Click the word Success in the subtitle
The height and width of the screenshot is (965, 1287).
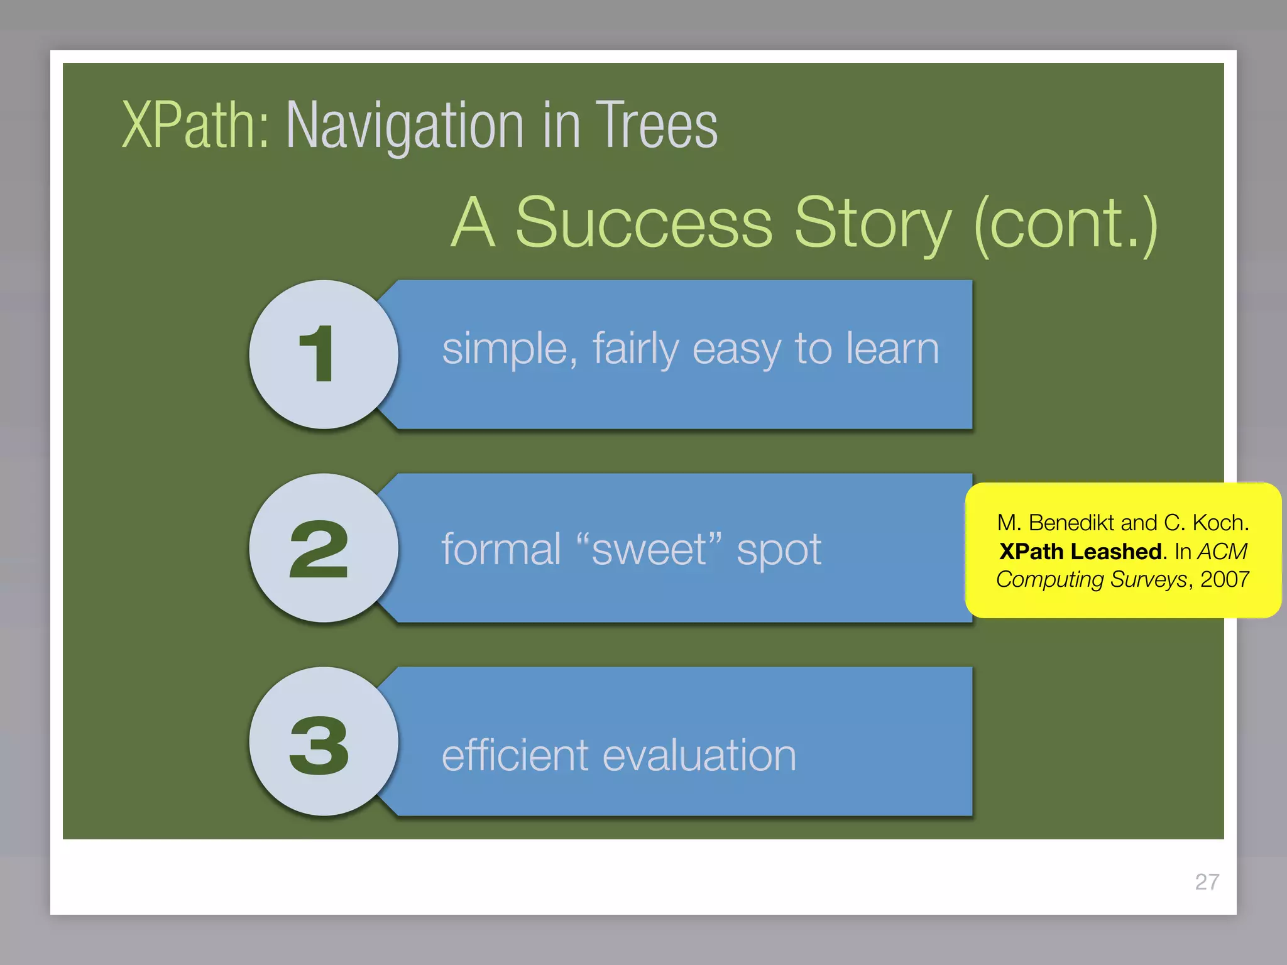pyautogui.click(x=643, y=223)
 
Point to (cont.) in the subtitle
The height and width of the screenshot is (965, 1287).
pyautogui.click(x=1065, y=223)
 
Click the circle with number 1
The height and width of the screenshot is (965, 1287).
pyautogui.click(x=324, y=355)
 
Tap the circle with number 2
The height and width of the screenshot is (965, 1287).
pyautogui.click(x=324, y=548)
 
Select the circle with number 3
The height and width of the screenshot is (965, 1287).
pyautogui.click(x=324, y=742)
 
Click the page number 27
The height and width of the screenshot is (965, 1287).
pyautogui.click(x=1207, y=882)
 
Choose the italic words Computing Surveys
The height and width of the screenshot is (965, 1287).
pyautogui.click(x=1091, y=579)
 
